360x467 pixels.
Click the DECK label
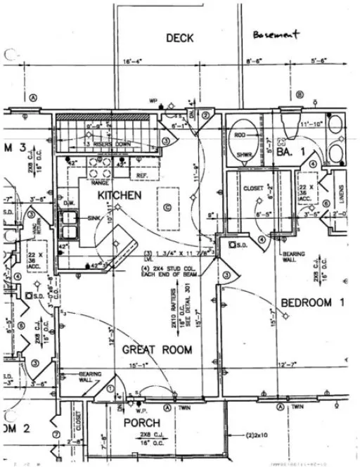point(180,38)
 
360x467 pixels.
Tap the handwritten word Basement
point(277,34)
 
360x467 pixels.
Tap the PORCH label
point(142,423)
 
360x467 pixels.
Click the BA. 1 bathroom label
point(289,151)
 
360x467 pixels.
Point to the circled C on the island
point(167,207)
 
